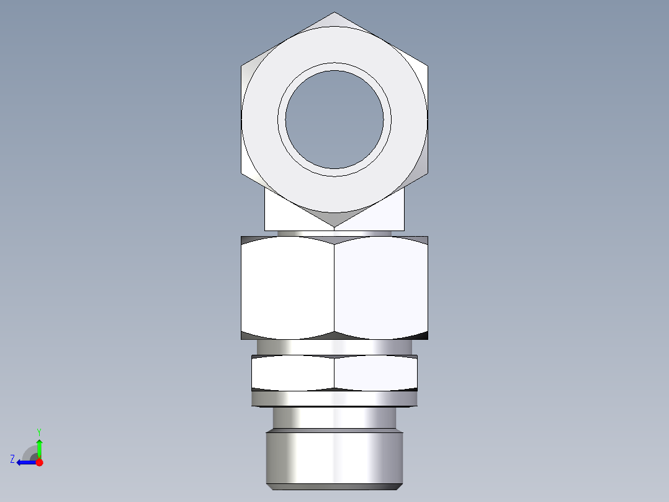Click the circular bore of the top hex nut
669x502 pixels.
(334, 119)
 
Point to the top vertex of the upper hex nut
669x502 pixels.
(334, 13)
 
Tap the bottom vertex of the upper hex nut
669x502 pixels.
(334, 226)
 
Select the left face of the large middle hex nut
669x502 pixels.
(287, 288)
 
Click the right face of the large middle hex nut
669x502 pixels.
(381, 288)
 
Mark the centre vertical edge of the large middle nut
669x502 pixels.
(334, 288)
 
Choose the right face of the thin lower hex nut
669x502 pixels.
(375, 373)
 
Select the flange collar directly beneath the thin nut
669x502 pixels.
(334, 398)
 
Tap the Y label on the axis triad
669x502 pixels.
(38, 431)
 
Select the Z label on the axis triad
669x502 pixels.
(12, 459)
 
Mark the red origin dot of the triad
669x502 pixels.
(39, 462)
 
